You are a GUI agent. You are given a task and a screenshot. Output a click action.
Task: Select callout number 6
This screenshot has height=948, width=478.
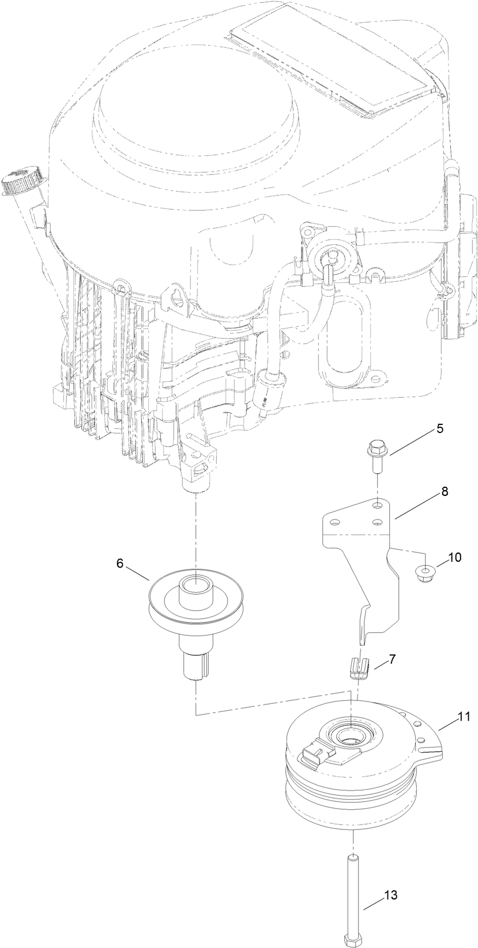(x=120, y=563)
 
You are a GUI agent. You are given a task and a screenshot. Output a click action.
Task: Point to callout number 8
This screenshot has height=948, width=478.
(x=445, y=492)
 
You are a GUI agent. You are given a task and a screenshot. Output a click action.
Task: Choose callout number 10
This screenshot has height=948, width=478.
(x=455, y=558)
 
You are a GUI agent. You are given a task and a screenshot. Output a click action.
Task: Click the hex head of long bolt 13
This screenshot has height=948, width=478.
(x=351, y=940)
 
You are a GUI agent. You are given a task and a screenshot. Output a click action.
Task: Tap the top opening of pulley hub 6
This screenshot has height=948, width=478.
(x=195, y=581)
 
